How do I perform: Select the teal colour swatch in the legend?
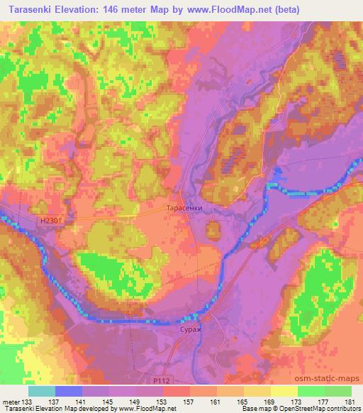click(x=42, y=390)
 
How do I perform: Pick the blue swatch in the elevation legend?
click(x=69, y=390)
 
